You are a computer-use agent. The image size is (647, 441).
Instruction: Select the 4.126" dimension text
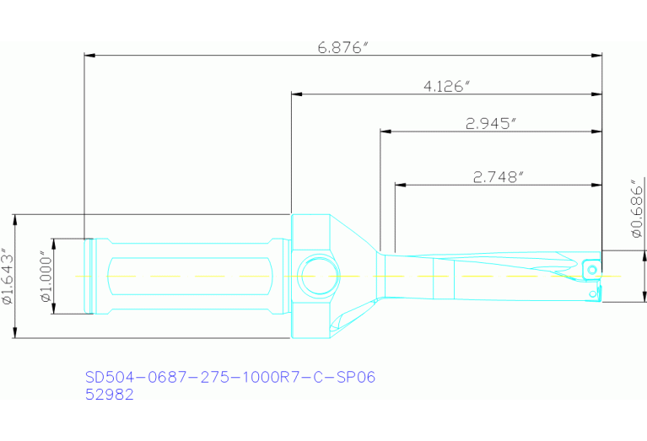tap(446, 86)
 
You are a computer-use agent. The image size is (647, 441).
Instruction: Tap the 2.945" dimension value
tap(490, 123)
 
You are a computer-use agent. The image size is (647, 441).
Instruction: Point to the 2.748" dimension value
tap(499, 176)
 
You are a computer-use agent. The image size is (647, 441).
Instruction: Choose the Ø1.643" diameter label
tap(8, 276)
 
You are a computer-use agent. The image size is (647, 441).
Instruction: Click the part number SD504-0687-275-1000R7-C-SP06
tap(230, 377)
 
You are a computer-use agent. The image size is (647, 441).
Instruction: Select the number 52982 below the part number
tap(110, 394)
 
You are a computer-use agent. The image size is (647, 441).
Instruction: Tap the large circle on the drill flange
tap(317, 275)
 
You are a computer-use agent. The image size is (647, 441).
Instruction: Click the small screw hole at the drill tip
tap(593, 269)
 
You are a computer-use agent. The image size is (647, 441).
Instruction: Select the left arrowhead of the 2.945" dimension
tap(385, 132)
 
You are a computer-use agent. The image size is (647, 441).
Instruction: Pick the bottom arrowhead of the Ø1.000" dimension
tap(53, 309)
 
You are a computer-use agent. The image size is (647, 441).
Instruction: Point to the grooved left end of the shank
tap(89, 276)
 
